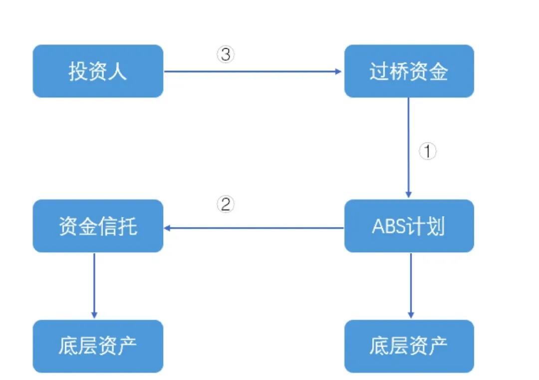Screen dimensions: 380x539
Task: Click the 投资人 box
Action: click(98, 71)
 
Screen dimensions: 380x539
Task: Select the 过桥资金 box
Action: click(409, 71)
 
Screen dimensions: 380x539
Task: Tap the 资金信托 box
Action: click(98, 226)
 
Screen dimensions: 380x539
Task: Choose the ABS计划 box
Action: click(409, 226)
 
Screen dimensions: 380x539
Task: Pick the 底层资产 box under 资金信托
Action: click(98, 346)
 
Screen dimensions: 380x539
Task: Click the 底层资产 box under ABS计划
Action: click(409, 346)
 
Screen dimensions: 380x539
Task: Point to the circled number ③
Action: click(226, 54)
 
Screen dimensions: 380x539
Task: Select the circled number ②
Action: click(226, 205)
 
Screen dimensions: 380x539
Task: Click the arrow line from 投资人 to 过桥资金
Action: click(250, 71)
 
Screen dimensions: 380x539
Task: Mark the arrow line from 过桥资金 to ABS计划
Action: click(409, 145)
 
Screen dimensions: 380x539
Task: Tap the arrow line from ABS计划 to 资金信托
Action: click(255, 228)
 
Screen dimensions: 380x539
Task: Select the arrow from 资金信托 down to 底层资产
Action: click(94, 285)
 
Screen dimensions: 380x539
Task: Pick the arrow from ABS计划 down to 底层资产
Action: click(411, 285)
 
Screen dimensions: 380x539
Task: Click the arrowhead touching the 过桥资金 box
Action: click(338, 71)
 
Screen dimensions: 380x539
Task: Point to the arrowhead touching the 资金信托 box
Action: click(168, 228)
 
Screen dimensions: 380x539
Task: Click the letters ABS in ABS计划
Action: click(389, 227)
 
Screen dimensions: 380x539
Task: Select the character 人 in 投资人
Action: click(118, 71)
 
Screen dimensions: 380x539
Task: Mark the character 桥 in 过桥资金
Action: click(399, 71)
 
